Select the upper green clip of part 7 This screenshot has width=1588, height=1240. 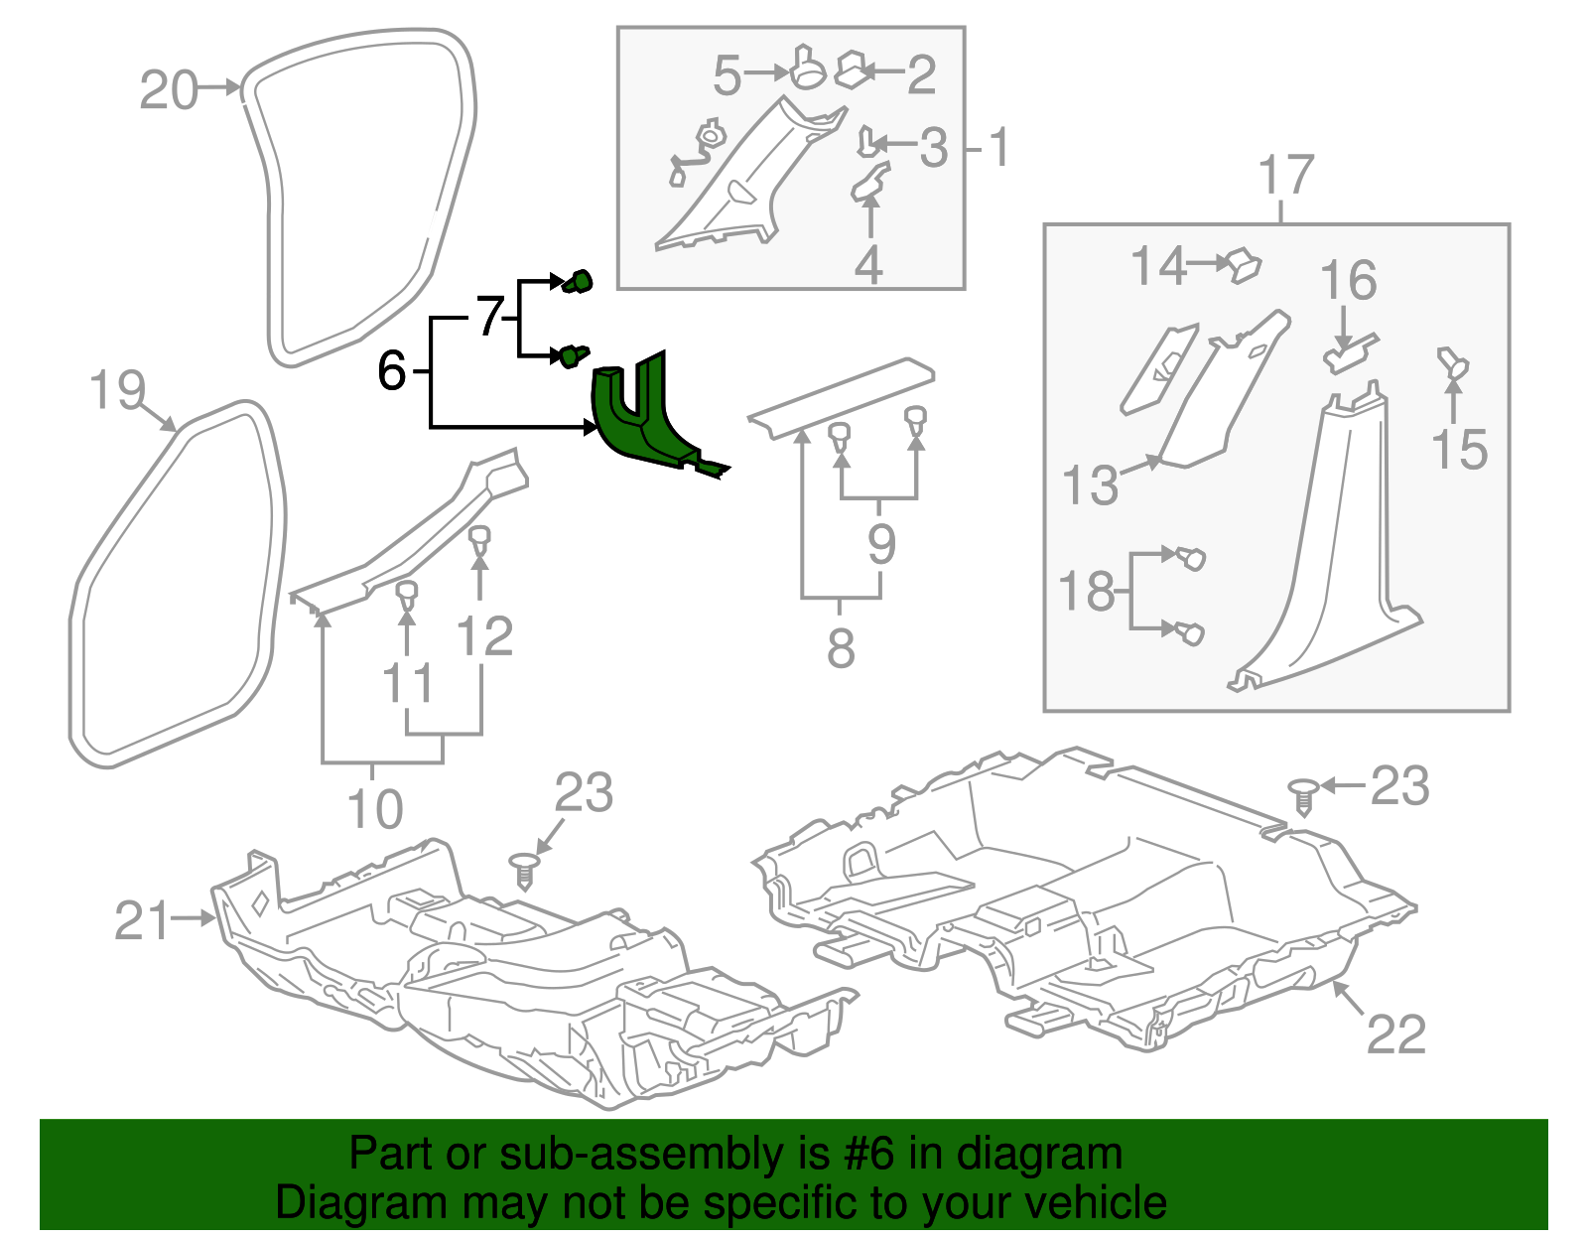[x=578, y=282]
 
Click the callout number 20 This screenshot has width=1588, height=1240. [x=168, y=90]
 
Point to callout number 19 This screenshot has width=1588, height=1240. [x=117, y=389]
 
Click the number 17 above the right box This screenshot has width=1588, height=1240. [x=1285, y=175]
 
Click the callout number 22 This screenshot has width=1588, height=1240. [x=1396, y=1033]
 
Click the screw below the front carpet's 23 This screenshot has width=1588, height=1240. [x=524, y=870]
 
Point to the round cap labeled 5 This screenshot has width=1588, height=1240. [x=809, y=69]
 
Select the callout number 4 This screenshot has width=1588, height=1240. [x=868, y=265]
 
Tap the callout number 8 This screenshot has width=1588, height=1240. [x=841, y=648]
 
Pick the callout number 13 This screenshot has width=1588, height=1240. [x=1090, y=485]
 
